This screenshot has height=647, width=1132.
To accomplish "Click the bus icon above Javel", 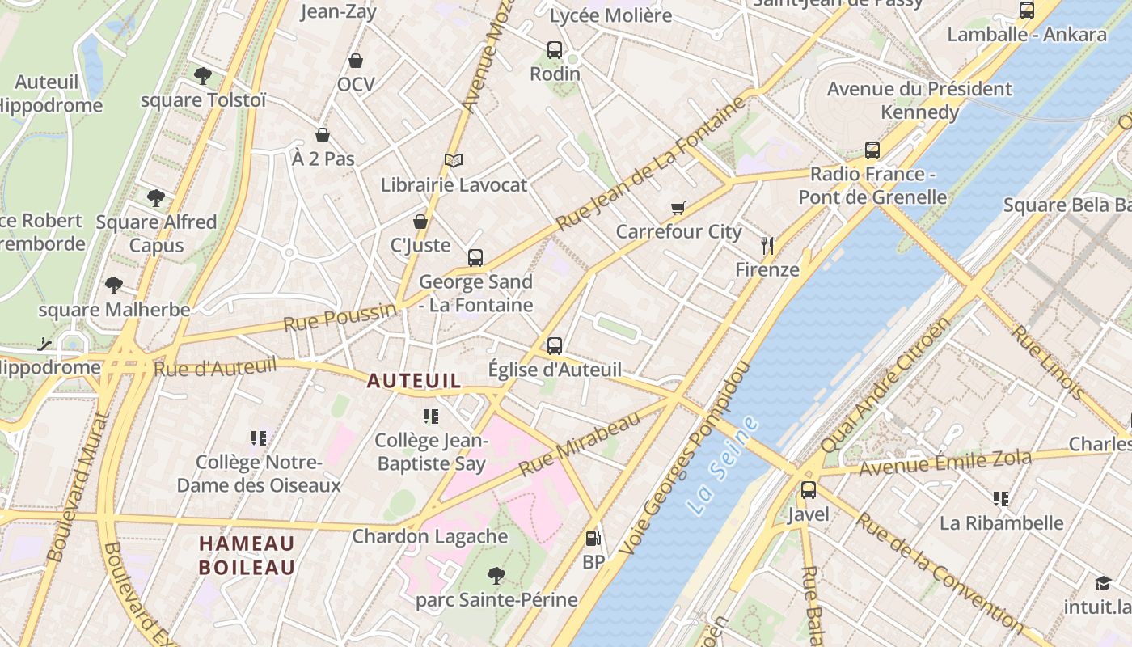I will tap(808, 490).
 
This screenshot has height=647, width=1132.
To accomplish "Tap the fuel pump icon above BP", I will tap(593, 538).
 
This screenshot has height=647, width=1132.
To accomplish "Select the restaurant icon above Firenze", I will tap(767, 246).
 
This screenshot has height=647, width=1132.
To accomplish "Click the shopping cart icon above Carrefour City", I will tap(678, 208).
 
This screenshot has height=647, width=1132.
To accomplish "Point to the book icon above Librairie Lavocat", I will tap(454, 161).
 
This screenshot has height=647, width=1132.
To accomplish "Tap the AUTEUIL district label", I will tap(414, 380).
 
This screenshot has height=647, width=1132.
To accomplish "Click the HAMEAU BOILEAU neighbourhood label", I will tap(247, 555).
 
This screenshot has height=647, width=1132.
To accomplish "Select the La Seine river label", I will tap(724, 466).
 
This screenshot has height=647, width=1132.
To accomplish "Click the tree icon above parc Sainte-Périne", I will tap(496, 576).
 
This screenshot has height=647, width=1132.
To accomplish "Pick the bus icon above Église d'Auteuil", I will tap(555, 346).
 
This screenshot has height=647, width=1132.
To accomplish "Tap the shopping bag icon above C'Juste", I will tap(420, 222).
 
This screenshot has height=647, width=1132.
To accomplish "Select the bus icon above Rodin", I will tap(555, 50).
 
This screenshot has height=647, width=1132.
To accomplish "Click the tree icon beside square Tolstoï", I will tap(202, 76).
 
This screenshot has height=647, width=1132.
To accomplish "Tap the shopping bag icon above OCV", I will tap(356, 61).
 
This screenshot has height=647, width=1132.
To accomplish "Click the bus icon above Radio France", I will tap(872, 150).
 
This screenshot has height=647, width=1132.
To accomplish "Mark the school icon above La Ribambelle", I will tap(1001, 499).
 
